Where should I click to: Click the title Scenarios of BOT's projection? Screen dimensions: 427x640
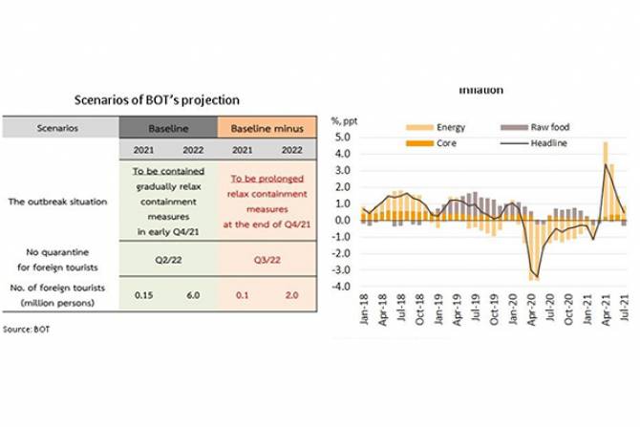(157, 99)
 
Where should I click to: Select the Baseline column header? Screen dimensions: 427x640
(167, 127)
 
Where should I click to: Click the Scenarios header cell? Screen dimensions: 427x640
(59, 127)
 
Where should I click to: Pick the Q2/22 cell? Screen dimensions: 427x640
(167, 259)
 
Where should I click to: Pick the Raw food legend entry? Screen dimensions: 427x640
(540, 127)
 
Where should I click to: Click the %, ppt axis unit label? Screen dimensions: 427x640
(344, 119)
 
